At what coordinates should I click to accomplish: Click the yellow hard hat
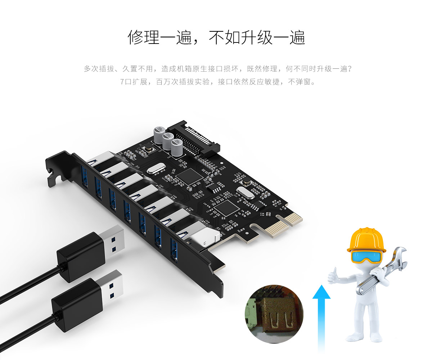(366, 240)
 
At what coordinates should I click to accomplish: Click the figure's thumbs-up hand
(333, 276)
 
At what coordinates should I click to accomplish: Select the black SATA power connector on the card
(194, 138)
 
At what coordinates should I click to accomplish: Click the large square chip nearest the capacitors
(189, 176)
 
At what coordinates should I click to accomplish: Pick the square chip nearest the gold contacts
(227, 208)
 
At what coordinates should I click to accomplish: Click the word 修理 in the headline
(143, 37)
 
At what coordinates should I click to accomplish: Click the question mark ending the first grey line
(350, 69)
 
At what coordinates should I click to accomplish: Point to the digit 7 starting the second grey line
(122, 82)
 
